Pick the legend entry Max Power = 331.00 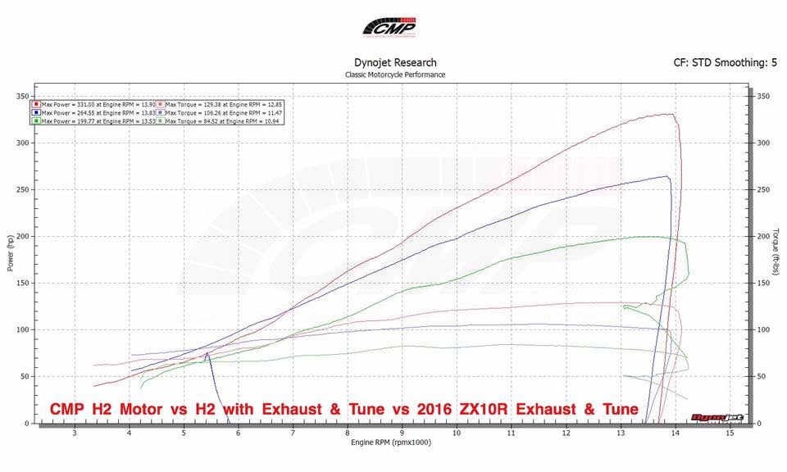click(x=92, y=105)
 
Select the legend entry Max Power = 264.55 click(x=92, y=112)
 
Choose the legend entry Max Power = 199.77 click(x=92, y=120)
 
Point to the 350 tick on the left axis click(x=22, y=96)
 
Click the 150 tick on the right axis click(x=763, y=283)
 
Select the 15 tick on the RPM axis click(x=729, y=433)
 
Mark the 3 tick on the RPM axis click(x=75, y=433)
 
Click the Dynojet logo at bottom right click(x=717, y=417)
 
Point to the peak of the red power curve click(x=671, y=114)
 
